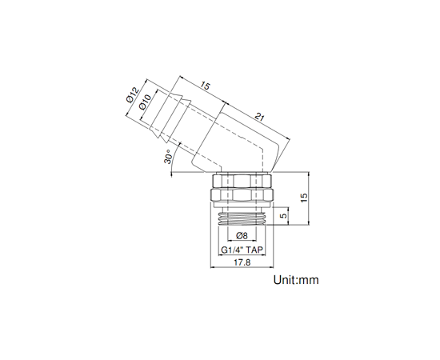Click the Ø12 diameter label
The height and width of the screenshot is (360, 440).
click(133, 95)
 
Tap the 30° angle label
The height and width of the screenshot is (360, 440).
click(167, 157)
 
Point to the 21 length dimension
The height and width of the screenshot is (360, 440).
click(259, 117)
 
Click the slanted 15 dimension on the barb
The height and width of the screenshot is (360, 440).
click(205, 86)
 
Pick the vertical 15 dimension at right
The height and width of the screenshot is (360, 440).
click(304, 198)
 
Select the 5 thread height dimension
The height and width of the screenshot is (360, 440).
click(284, 215)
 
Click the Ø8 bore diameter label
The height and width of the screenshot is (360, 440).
click(242, 236)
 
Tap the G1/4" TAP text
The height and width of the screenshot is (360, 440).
click(242, 250)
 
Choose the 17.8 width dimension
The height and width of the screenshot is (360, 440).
click(242, 262)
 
